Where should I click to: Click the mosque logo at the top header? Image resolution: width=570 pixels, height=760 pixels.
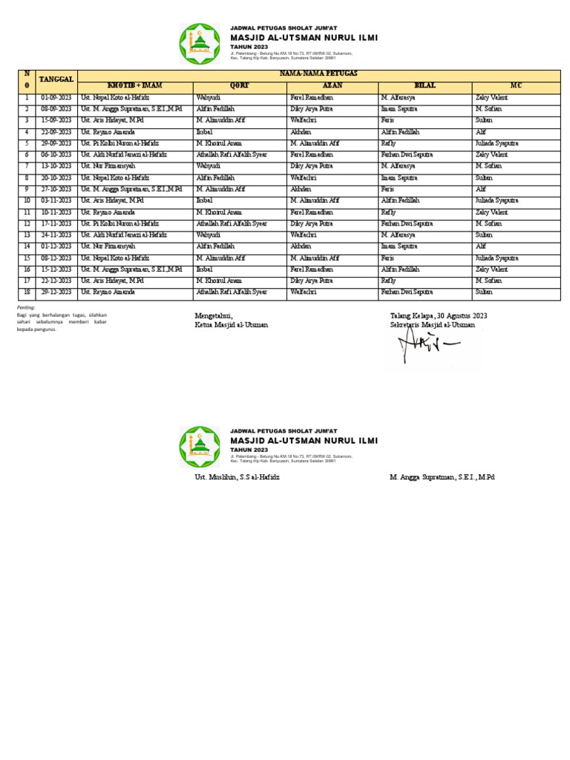[x=200, y=44]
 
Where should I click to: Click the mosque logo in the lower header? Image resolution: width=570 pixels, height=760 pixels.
[x=200, y=447]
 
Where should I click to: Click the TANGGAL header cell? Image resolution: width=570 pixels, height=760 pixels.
[x=56, y=79]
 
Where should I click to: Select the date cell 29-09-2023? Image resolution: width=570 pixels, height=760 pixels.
[x=56, y=143]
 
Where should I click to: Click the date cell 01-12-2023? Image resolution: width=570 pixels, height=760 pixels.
[x=56, y=246]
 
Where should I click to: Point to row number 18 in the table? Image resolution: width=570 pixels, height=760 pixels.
[x=27, y=292]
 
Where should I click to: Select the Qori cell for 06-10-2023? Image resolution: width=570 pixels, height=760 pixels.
[x=231, y=155]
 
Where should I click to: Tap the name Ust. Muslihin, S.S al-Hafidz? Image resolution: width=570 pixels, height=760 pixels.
[x=237, y=477]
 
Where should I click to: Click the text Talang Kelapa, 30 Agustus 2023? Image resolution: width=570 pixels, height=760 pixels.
[x=439, y=316]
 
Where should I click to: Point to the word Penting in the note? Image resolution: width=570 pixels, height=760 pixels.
[x=25, y=307]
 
